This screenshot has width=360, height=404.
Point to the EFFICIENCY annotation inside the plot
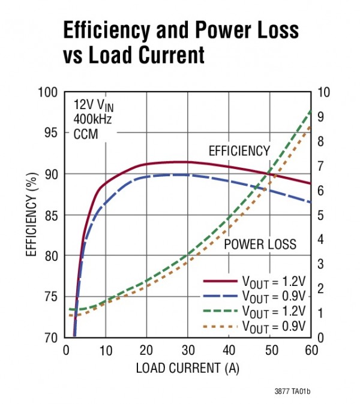tap(239, 150)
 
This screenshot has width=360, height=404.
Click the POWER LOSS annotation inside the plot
tap(260, 244)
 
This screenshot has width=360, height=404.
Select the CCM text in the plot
tap(85, 134)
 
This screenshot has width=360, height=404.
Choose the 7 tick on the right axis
tap(321, 165)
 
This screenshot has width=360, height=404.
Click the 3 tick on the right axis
tap(321, 264)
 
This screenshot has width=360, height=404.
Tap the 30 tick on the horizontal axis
tap(188, 349)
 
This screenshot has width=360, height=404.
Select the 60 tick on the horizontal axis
tap(311, 349)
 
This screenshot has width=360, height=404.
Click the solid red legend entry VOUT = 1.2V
tap(255, 281)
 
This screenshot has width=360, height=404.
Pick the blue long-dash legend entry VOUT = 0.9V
tap(255, 296)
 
